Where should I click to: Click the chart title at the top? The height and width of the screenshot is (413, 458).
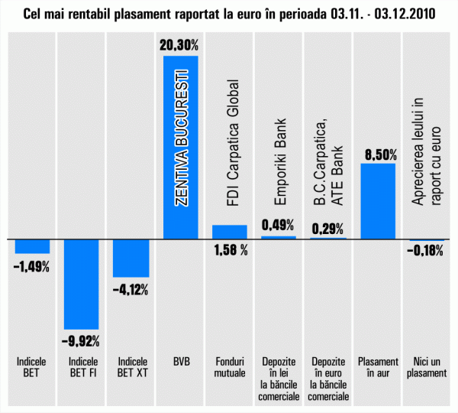coord(230,15)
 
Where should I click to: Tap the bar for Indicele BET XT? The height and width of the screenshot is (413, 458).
coord(131,257)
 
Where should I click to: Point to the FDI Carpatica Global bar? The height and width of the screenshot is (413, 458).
coord(230,231)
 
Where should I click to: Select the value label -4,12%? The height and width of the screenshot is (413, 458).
coord(131,290)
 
